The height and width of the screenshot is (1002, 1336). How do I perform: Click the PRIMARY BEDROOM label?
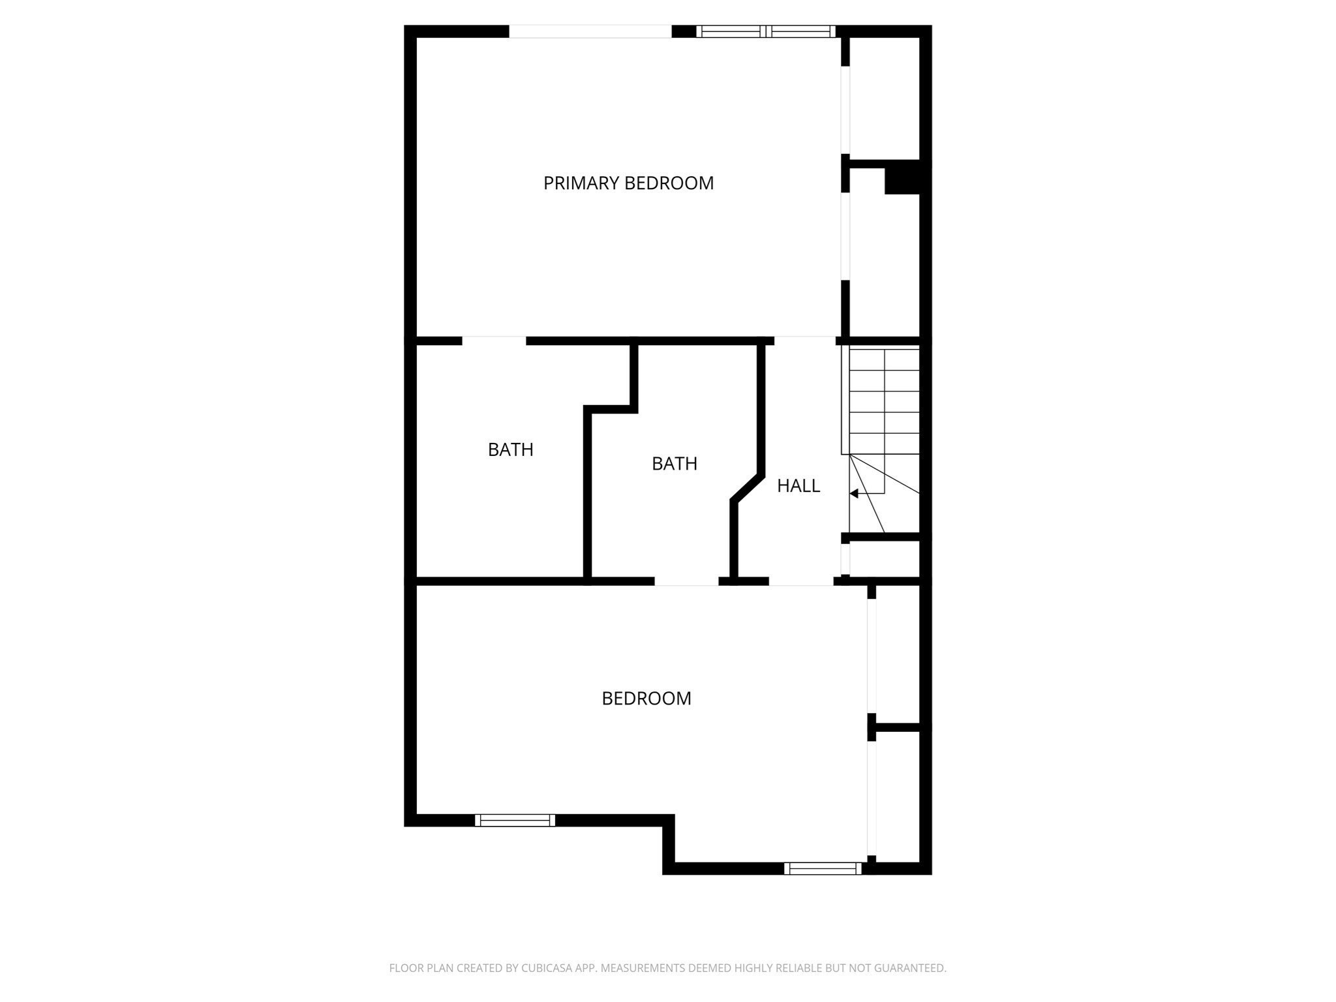pos(628,183)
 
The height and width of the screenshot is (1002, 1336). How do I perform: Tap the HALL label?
pos(798,486)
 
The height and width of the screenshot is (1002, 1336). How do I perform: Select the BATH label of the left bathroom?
pos(511,450)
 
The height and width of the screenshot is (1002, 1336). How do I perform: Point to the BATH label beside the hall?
pos(675,464)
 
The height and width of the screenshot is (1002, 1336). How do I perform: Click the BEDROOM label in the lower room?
pos(646,699)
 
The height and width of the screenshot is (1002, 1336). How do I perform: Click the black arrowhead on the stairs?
pos(853,494)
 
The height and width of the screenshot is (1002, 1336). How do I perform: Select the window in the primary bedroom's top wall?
pos(766,31)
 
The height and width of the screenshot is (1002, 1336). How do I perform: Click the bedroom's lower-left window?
pos(515,821)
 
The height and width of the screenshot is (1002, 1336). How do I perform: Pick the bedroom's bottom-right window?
pos(823,868)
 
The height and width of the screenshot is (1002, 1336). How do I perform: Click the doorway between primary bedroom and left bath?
pos(494,341)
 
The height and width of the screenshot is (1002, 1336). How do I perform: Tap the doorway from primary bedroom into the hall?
pos(804,341)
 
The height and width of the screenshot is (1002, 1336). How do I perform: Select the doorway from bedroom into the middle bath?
pos(686,581)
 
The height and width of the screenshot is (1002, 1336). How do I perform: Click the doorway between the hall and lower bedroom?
pos(801,581)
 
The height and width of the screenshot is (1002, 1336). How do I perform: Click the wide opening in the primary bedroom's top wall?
pos(590,31)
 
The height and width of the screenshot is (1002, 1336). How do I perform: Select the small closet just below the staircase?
pos(884,559)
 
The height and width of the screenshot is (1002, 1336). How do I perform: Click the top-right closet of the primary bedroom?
pos(884,98)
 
